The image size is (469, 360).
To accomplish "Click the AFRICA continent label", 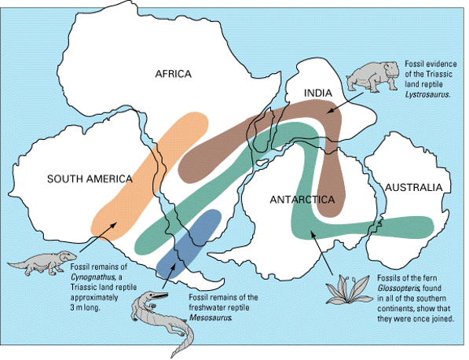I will [x=173, y=75].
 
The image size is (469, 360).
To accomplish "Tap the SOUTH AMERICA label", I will [x=89, y=178].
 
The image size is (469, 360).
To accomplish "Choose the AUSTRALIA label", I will [x=413, y=187].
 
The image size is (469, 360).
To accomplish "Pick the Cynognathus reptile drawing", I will [x=42, y=263].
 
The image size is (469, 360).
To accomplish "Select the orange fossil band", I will [x=149, y=173].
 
